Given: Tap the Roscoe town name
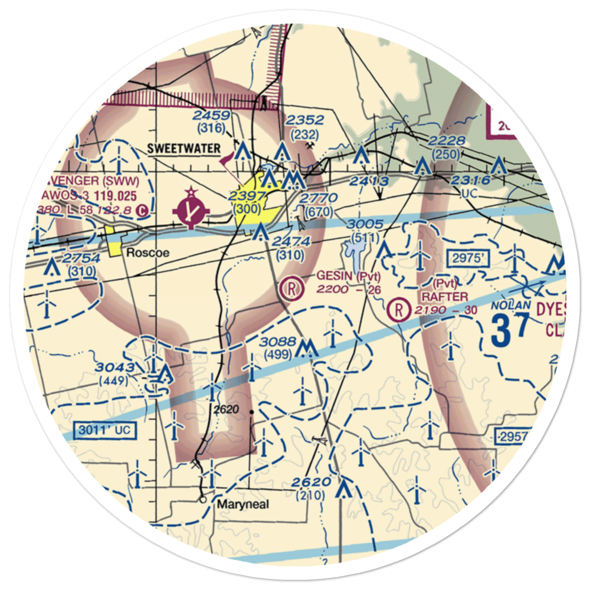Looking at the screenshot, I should (147, 253).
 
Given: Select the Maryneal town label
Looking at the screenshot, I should (242, 504).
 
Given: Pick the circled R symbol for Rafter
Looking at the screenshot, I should (400, 307).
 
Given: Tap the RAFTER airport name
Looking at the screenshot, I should (445, 296).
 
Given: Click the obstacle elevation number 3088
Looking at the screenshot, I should (277, 342).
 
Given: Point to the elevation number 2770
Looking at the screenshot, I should (319, 198).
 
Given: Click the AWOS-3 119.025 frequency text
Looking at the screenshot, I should (88, 194).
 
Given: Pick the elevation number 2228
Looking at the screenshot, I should (448, 140).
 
